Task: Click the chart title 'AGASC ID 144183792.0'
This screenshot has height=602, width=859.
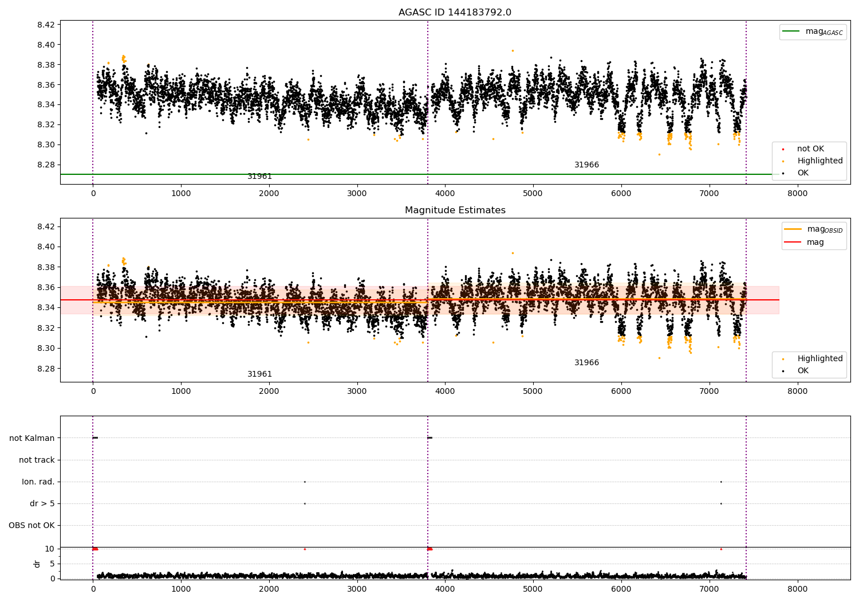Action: click(455, 13)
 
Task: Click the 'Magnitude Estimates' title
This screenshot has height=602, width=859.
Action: click(455, 210)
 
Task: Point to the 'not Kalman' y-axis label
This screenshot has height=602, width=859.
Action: click(32, 438)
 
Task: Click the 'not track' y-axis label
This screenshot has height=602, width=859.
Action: click(37, 460)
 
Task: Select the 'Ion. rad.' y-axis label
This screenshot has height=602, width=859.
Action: click(38, 482)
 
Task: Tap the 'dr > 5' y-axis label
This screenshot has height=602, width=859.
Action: click(42, 503)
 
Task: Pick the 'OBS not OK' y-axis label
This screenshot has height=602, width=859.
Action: click(31, 525)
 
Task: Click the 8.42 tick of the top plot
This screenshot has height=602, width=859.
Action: click(46, 25)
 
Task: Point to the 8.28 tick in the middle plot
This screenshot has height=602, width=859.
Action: click(46, 369)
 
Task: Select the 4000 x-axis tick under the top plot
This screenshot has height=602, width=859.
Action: click(445, 194)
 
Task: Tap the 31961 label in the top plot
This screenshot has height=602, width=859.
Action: click(259, 177)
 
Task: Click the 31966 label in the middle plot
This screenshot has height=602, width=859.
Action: click(586, 363)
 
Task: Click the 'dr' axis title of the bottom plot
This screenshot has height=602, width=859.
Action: click(37, 564)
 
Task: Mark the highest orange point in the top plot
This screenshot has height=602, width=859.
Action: click(513, 50)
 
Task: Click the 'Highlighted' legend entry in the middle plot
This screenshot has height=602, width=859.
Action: click(819, 359)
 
